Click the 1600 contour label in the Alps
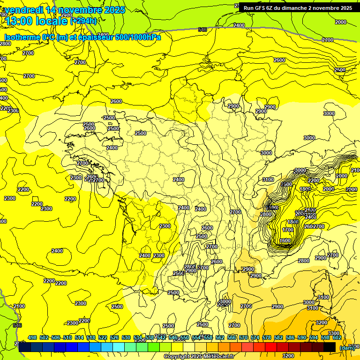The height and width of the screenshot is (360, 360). click(285, 240)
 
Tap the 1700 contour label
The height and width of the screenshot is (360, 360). click(288, 230)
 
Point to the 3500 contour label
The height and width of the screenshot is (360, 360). click(286, 185)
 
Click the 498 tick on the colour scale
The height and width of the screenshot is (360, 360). click(32, 337)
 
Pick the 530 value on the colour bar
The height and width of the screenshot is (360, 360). click(126, 337)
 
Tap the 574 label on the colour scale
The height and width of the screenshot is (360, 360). click(255, 337)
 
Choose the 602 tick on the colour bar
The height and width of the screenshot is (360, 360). click(337, 337)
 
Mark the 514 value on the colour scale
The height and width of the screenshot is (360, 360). click(79, 337)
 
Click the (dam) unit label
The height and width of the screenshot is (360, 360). click(347, 348)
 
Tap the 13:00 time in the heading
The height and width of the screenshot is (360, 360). click(20, 21)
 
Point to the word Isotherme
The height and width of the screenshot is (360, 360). click(23, 37)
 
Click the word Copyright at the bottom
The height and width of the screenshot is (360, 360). click(176, 357)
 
